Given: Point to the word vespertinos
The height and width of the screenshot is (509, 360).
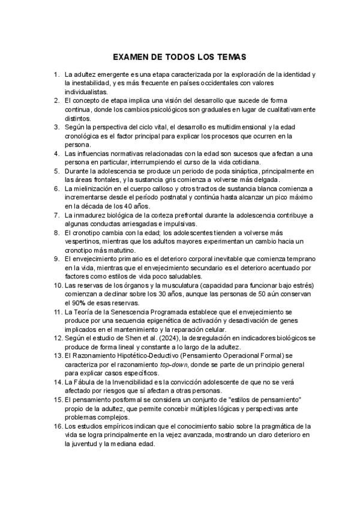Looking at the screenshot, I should (x=83, y=241).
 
